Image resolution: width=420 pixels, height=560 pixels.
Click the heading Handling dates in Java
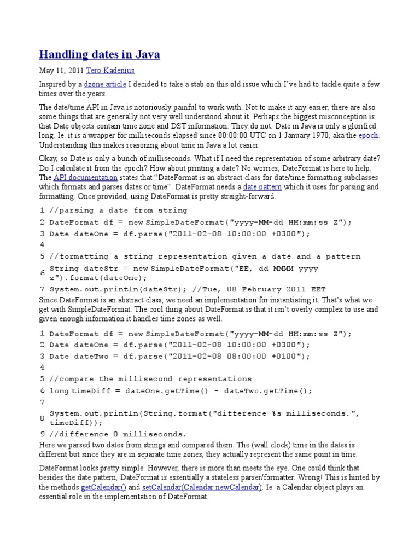(100, 55)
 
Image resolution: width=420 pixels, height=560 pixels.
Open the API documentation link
(85, 178)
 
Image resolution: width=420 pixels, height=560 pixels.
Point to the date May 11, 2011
(61, 71)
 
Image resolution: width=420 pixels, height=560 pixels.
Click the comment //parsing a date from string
(118, 211)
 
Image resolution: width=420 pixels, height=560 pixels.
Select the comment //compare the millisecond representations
(150, 378)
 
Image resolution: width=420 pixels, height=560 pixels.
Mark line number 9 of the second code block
(42, 434)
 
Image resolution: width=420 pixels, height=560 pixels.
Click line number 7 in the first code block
(42, 289)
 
